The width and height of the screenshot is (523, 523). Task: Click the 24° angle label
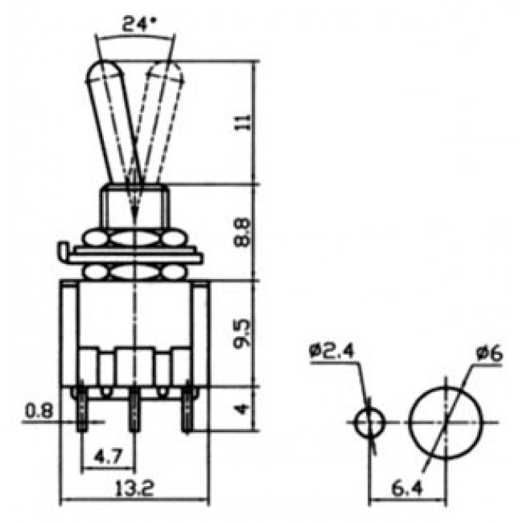139,23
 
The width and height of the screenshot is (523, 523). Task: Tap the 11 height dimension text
244,122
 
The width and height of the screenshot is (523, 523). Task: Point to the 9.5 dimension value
241,334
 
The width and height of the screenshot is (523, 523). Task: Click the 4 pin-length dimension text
244,409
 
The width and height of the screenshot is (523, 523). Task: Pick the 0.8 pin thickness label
39,410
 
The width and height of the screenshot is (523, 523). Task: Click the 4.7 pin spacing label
108,456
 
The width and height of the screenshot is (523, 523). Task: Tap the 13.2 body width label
134,488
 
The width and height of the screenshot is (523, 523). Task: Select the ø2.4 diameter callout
332,352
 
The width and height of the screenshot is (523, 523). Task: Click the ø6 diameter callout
490,353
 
